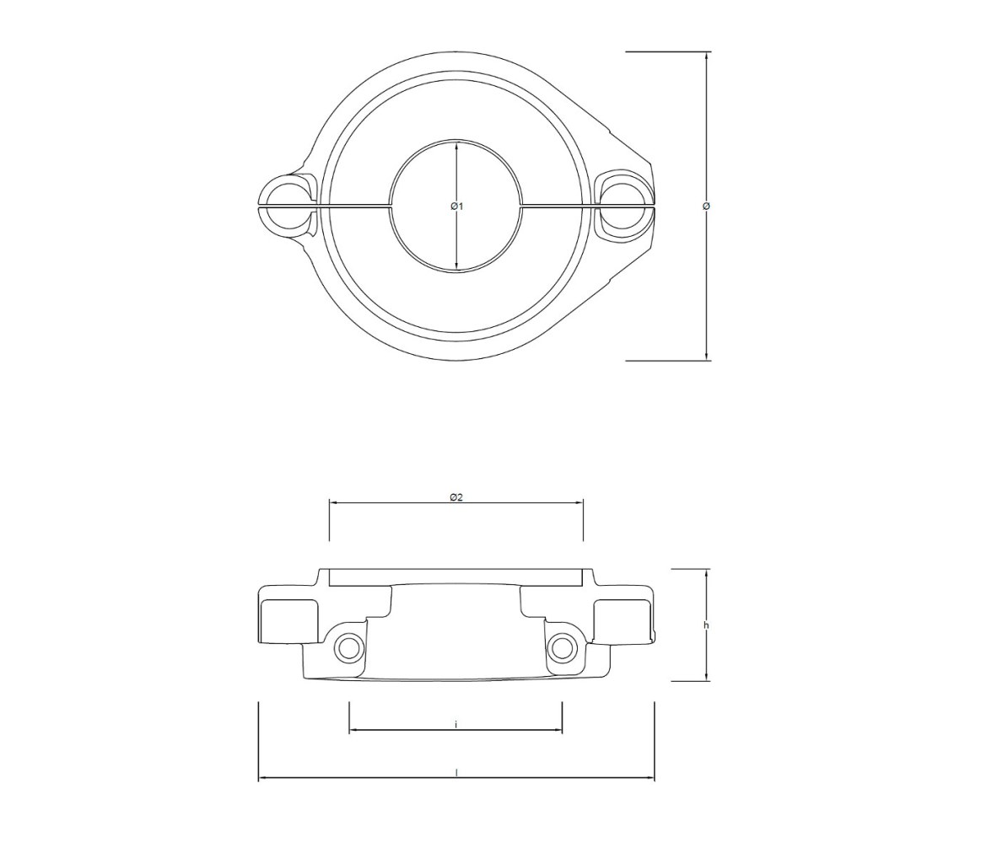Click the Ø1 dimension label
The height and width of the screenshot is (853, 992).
457,207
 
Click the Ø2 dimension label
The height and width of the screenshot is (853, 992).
457,497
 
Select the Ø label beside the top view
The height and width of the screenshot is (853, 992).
707,207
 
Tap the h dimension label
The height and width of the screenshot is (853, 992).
707,625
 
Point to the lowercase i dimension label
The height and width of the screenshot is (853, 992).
456,725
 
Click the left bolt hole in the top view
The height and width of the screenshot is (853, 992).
285,207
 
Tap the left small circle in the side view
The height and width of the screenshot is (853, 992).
349,646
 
